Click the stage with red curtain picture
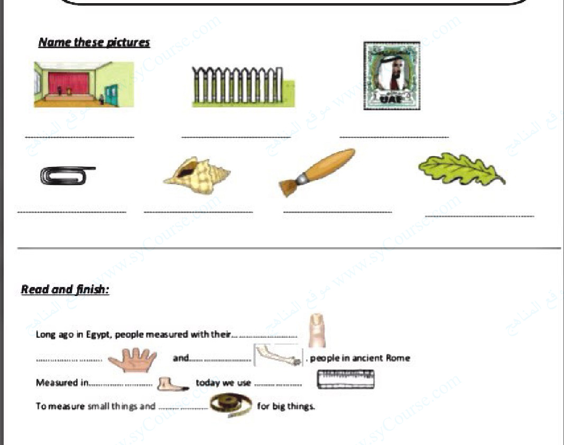84,85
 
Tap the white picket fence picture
242,87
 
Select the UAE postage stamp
392,76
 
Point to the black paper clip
68,175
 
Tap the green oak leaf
461,169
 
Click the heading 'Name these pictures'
94,43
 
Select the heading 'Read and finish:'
65,290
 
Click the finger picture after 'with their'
317,330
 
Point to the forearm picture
278,356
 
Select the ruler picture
346,379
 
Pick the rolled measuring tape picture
231,405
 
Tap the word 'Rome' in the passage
398,358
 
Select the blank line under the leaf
479,216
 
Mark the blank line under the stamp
394,137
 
